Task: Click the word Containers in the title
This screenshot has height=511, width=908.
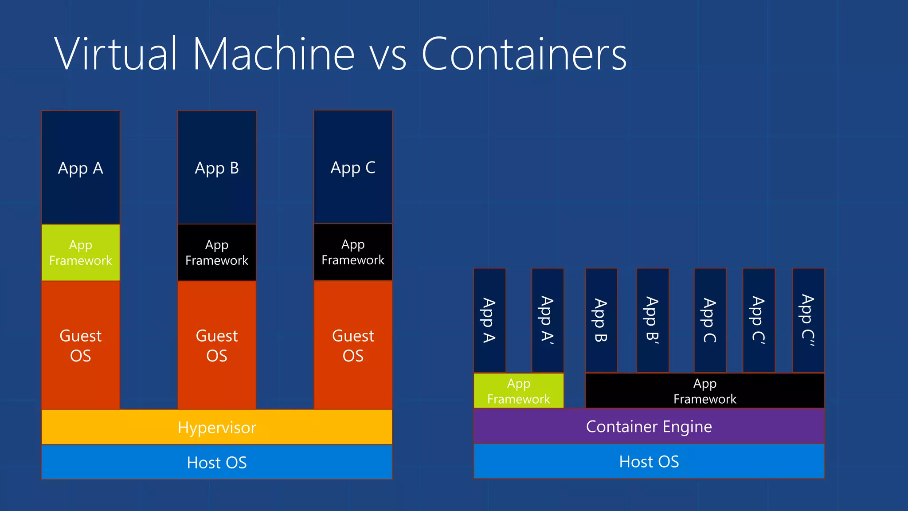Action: click(524, 54)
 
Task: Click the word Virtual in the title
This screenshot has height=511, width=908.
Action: click(115, 54)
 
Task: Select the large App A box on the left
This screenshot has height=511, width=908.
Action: click(81, 168)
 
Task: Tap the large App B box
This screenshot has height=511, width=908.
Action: click(217, 168)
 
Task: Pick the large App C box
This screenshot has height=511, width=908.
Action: click(353, 167)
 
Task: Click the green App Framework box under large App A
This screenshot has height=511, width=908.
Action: click(81, 252)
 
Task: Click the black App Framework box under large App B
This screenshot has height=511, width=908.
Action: click(217, 252)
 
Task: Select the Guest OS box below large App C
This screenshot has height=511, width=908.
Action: click(353, 345)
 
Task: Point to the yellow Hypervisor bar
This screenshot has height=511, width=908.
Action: click(217, 427)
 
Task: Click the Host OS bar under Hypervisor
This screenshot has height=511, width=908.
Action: click(217, 462)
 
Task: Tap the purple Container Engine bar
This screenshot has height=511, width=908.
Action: click(649, 426)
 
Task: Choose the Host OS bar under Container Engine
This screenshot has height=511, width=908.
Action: click(649, 461)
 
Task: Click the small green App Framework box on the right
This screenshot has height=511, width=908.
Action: click(518, 391)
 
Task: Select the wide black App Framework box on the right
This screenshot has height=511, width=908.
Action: click(704, 391)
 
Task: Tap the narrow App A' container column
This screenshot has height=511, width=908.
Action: click(548, 320)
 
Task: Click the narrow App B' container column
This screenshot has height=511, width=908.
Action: click(653, 320)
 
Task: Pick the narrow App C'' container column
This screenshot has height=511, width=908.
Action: click(808, 320)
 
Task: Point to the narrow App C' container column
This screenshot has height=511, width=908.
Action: click(759, 320)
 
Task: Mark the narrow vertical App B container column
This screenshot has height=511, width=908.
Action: click(601, 320)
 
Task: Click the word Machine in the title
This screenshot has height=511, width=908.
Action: click(274, 54)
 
